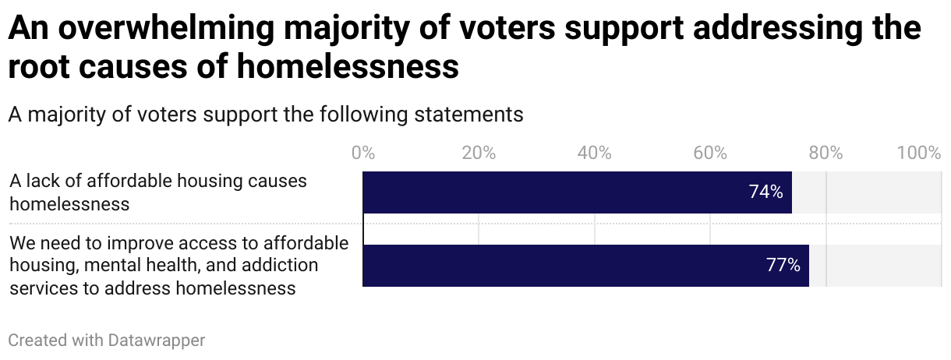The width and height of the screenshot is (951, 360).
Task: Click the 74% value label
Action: pyautogui.click(x=765, y=192)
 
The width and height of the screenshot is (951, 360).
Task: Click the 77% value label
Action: pyautogui.click(x=783, y=266)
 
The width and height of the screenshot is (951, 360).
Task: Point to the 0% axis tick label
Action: pyautogui.click(x=363, y=153)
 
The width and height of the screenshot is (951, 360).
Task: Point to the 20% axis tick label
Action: pyautogui.click(x=479, y=153)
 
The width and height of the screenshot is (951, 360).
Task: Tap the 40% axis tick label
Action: pyautogui.click(x=595, y=153)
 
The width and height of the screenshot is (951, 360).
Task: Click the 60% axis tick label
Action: pyautogui.click(x=710, y=153)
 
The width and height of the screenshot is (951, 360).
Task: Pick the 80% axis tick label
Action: pyautogui.click(x=825, y=153)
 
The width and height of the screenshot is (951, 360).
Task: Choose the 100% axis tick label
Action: pyautogui.click(x=919, y=153)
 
